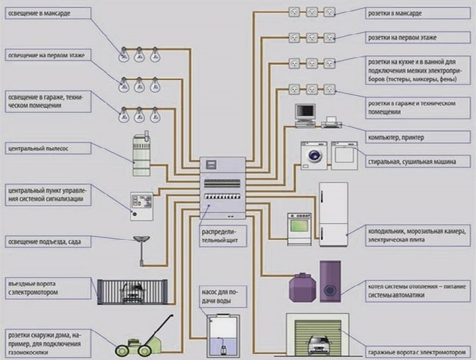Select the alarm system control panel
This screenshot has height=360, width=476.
[141, 205]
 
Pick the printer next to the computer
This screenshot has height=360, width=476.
[331, 123]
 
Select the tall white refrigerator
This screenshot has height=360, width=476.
[333, 214]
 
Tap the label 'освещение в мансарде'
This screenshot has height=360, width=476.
[43, 12]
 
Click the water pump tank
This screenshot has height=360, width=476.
[219, 336]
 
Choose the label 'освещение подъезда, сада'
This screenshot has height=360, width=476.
[46, 242]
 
